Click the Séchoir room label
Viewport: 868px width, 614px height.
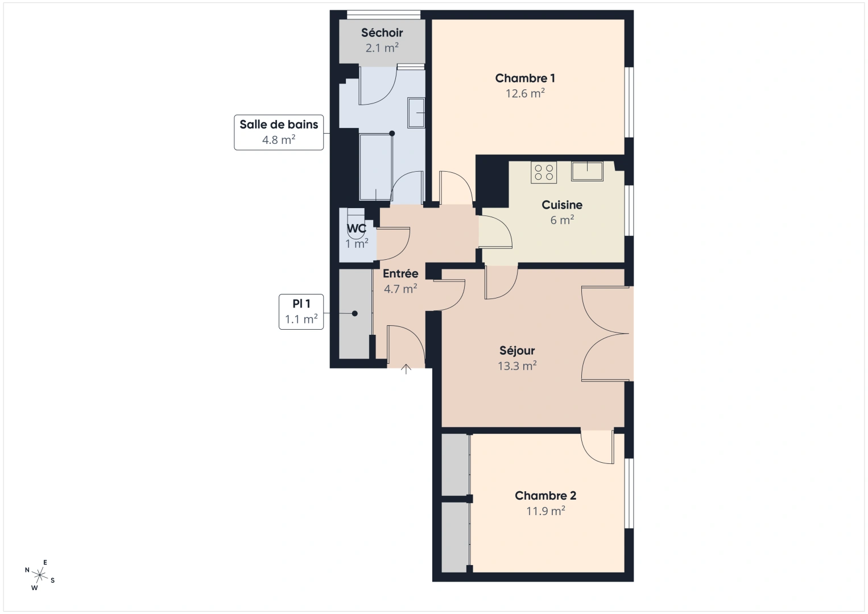coord(382,33)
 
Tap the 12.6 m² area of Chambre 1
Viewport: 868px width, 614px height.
coord(525,94)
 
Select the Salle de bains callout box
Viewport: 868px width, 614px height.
coord(279,132)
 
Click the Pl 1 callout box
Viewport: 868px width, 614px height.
coord(301,312)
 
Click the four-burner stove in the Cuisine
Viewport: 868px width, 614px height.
coord(543,172)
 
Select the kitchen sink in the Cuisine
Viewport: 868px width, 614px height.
coord(587,171)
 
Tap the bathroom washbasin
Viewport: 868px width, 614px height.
coord(416,113)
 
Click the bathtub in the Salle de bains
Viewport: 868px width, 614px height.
coord(376,167)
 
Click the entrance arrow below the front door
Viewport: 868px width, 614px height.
coord(406,369)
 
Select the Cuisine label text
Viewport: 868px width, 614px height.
coord(562,205)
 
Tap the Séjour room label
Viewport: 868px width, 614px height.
coord(517,351)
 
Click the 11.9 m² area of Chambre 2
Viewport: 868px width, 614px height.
coord(545,511)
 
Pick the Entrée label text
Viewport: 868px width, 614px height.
coord(400,273)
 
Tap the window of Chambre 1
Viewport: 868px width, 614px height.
coord(629,102)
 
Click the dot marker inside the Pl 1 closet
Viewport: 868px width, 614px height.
coord(354,313)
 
